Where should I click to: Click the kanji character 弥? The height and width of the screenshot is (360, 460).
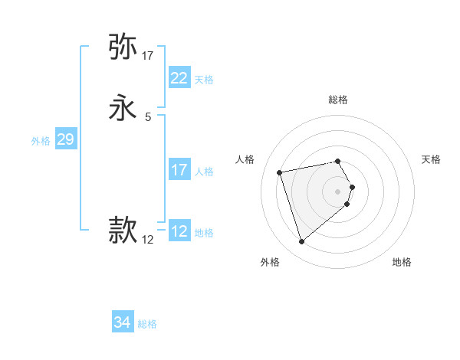point(123,47)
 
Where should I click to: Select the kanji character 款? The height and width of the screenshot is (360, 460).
point(123,229)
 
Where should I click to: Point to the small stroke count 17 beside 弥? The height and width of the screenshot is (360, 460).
point(148,55)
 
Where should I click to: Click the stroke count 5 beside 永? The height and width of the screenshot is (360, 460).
point(148,117)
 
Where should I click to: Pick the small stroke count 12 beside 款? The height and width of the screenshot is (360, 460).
point(148,240)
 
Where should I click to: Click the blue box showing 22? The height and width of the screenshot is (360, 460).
point(179,78)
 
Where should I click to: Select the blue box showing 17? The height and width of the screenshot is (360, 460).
point(179,170)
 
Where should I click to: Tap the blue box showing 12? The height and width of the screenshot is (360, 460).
point(179,231)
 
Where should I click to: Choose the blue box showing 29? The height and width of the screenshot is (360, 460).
point(65,139)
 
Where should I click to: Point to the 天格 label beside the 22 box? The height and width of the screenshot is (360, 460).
point(204,80)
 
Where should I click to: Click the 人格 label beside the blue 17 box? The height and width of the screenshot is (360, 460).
point(204,172)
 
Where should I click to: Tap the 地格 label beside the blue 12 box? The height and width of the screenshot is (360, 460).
point(204,233)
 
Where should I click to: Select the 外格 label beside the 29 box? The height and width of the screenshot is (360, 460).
point(41,141)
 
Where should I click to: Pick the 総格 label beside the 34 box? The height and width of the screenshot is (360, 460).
point(147,324)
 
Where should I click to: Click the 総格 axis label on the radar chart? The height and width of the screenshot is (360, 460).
point(338,100)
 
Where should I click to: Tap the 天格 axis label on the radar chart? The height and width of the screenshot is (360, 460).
point(431,159)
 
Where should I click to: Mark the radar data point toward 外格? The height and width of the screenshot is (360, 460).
point(301,242)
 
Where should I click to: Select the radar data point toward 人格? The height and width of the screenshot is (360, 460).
point(280,172)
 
